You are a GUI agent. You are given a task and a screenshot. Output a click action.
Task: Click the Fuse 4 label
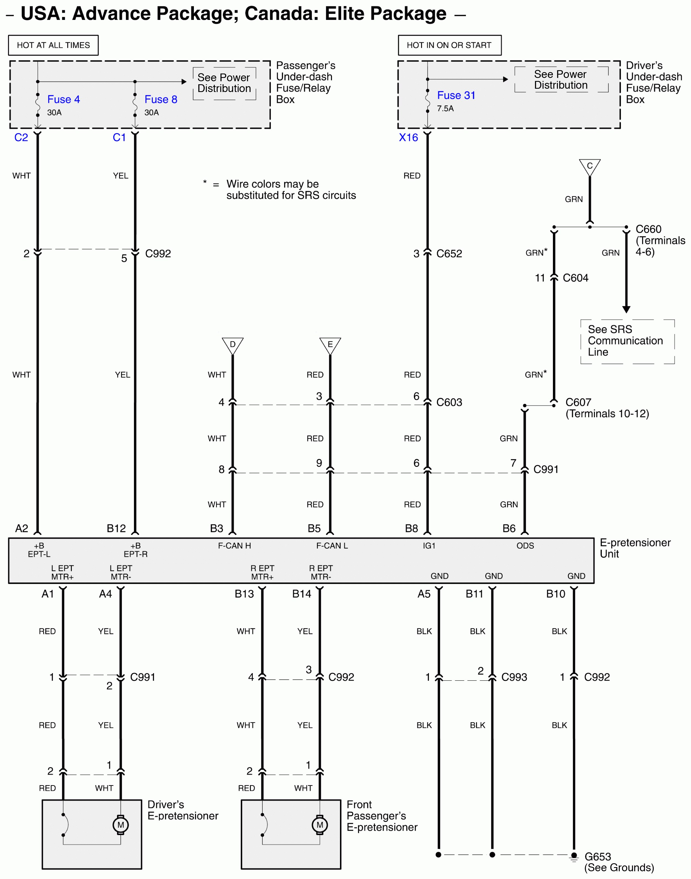tap(64, 99)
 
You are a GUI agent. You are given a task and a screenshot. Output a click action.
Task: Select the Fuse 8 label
tap(161, 99)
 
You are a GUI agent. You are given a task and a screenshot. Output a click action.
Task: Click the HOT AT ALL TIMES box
tap(53, 45)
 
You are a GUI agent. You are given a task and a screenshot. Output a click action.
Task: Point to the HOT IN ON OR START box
tap(449, 45)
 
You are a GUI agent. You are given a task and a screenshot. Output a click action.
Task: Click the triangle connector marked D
tap(233, 345)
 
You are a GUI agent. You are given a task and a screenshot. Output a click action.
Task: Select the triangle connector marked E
tap(330, 345)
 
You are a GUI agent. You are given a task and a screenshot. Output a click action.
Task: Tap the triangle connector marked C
tap(589, 167)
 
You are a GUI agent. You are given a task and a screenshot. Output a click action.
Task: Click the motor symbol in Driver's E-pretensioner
tap(121, 825)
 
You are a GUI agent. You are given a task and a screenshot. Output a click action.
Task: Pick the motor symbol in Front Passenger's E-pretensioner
tap(320, 825)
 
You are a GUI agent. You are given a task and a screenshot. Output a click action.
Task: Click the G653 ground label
tap(598, 856)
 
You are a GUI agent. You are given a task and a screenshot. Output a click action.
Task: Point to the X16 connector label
tap(408, 138)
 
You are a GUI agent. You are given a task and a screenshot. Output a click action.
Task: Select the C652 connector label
tap(449, 254)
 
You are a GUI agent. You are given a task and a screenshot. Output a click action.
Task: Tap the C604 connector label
tap(575, 278)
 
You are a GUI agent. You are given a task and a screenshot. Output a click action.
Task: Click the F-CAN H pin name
tap(234, 545)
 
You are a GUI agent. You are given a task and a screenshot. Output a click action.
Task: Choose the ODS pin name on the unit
tap(525, 545)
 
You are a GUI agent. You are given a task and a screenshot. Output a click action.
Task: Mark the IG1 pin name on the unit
tap(429, 545)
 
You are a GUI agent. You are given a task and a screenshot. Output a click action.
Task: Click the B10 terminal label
tap(555, 594)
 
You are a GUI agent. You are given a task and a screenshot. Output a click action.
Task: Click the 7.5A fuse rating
tap(445, 108)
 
